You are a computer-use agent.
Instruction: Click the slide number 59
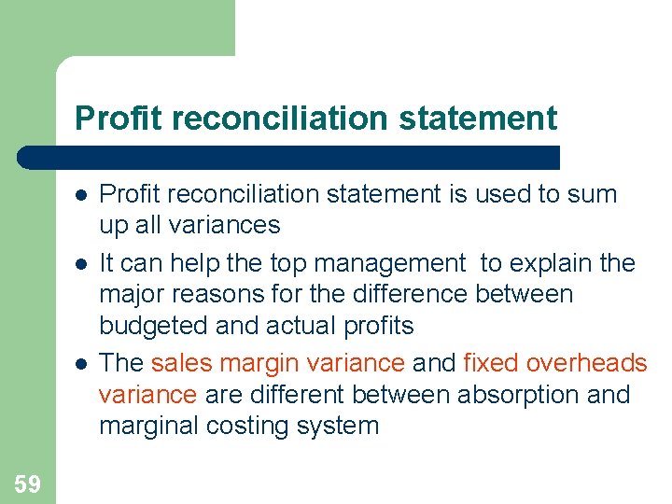[27, 483]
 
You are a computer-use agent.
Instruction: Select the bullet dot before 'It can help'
[82, 264]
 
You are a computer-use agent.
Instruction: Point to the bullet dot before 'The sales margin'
[82, 363]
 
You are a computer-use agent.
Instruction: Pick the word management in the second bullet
[396, 263]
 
